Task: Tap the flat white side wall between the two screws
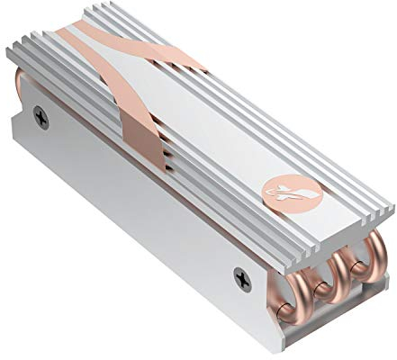tap(135, 198)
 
